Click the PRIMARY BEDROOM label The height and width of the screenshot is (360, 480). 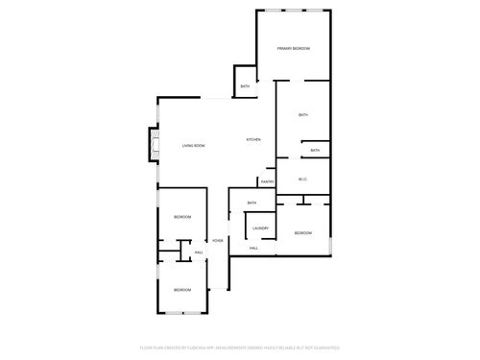(293, 48)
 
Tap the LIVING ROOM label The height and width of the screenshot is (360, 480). (194, 145)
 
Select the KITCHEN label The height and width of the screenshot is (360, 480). (253, 140)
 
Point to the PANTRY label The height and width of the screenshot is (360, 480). (267, 181)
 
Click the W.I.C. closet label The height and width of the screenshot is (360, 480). (302, 179)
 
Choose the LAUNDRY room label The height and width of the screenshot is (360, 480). (260, 228)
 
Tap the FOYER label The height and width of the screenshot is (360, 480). (218, 240)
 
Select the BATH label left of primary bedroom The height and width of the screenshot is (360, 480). (245, 86)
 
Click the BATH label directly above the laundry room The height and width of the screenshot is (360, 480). (252, 203)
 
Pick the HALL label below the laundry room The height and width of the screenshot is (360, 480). (253, 249)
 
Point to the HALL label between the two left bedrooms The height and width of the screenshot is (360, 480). (199, 252)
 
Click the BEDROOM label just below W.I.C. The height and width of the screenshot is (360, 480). (303, 233)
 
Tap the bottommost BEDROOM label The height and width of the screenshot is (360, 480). (182, 289)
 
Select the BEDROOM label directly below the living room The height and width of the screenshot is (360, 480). (182, 218)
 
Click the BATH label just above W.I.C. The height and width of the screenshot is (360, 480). (315, 150)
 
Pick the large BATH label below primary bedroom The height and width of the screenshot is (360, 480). (302, 115)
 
